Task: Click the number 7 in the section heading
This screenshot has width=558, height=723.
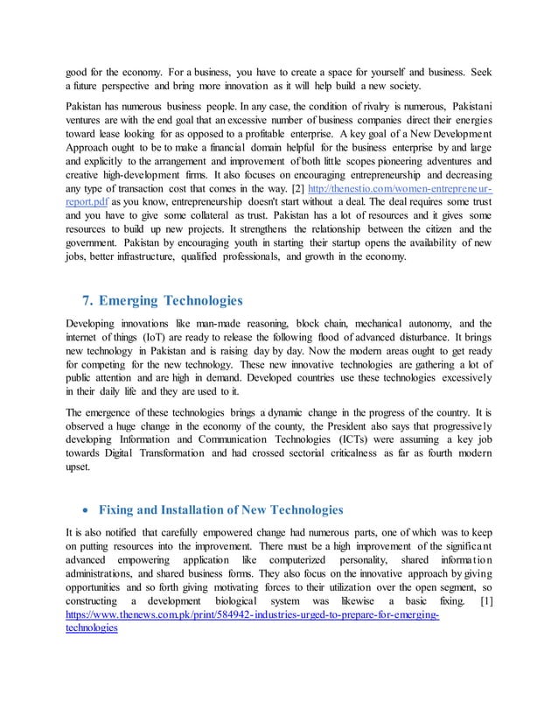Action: pos(87,302)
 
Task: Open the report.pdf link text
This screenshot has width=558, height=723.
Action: pos(88,204)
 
